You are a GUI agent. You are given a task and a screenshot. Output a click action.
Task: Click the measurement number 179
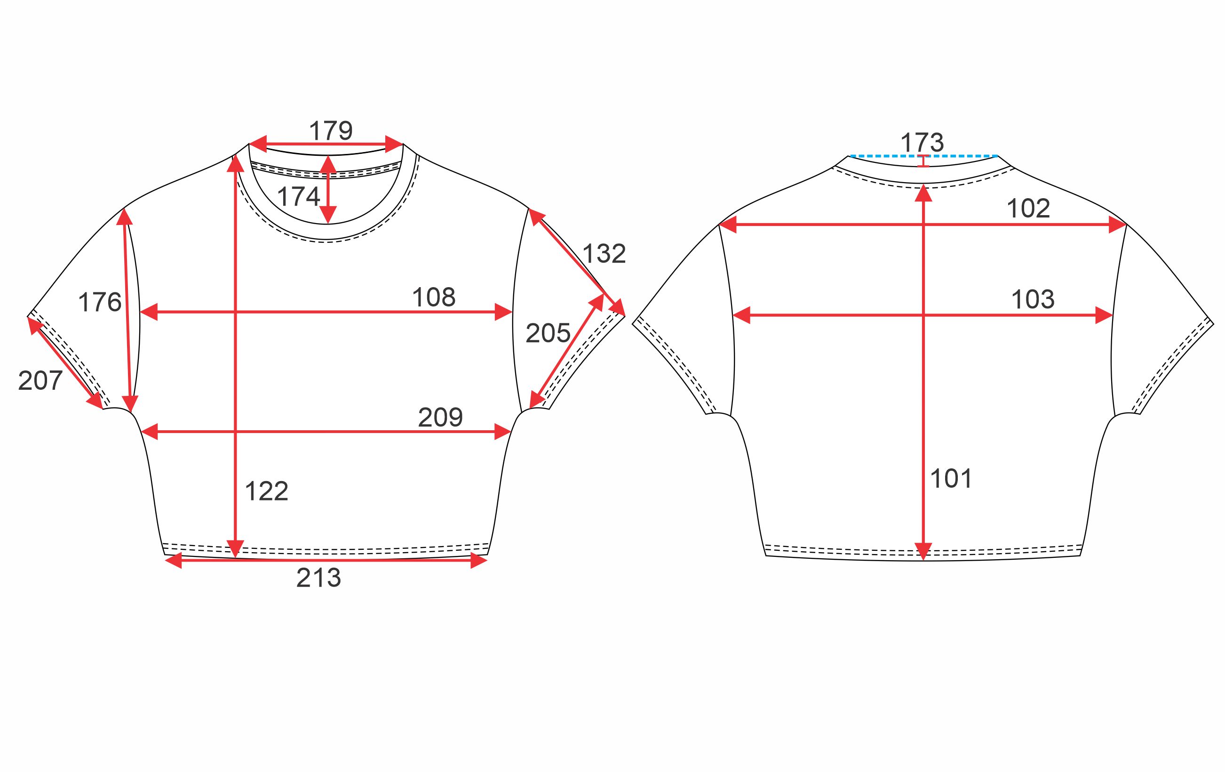point(331,131)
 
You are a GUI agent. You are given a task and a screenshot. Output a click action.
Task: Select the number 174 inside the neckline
point(299,196)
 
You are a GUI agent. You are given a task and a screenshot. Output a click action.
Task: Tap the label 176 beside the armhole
point(100,302)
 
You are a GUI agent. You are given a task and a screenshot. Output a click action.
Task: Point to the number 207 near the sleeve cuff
point(40,381)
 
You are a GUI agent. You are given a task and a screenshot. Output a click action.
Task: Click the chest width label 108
point(433,297)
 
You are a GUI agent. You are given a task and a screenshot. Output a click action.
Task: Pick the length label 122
point(267,491)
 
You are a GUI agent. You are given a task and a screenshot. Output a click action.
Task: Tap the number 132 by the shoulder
point(604,254)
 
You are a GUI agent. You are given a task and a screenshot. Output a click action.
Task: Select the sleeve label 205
point(548,334)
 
